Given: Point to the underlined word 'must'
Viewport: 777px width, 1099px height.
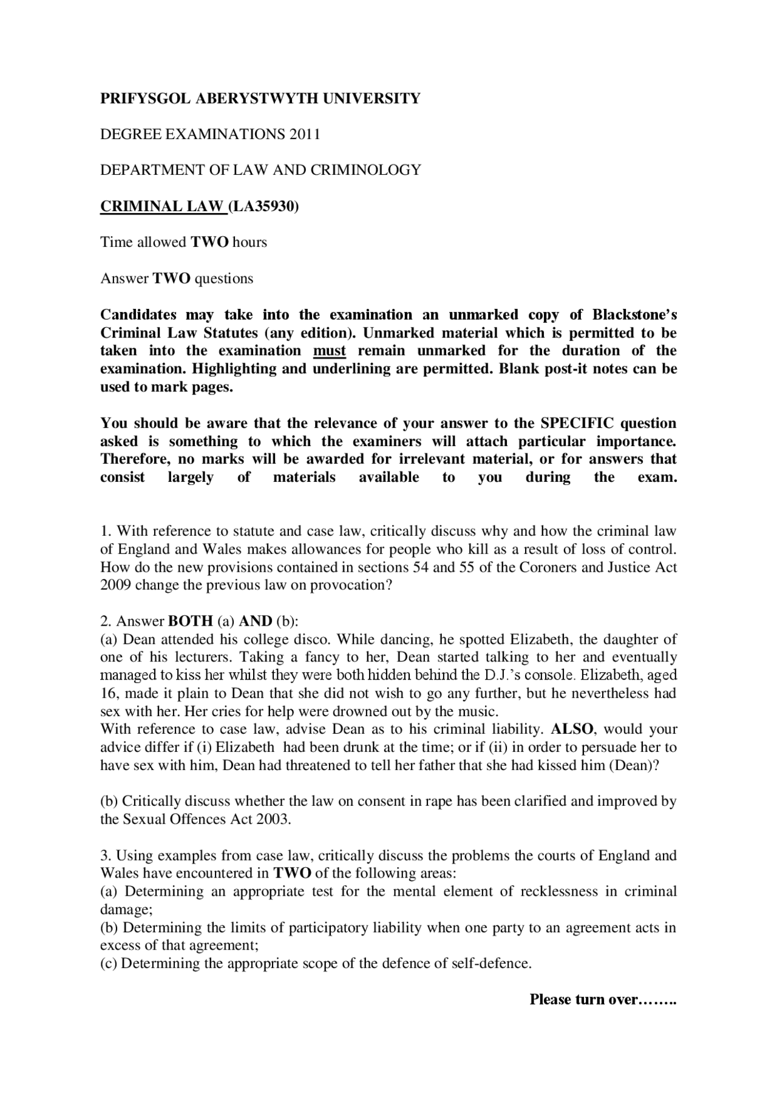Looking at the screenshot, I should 329,351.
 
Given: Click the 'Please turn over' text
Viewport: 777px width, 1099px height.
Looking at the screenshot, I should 602,999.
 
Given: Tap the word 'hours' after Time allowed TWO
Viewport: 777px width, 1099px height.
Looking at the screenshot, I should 249,242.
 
